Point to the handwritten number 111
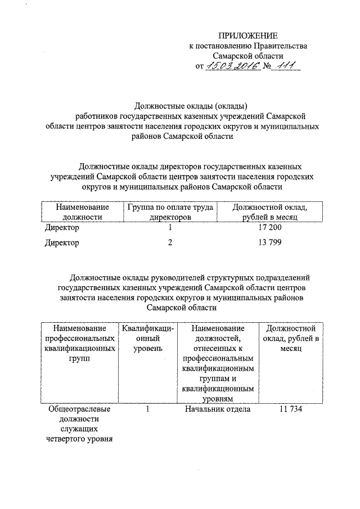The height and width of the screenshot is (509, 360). click(285, 66)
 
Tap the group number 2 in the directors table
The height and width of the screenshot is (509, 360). click(169, 243)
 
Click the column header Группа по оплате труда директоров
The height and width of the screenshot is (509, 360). click(170, 211)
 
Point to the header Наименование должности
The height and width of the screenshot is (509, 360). click(83, 211)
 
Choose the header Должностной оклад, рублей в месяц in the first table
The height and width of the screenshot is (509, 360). click(269, 211)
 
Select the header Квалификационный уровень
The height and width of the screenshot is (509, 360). click(147, 338)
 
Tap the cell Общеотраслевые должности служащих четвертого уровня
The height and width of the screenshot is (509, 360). click(79, 424)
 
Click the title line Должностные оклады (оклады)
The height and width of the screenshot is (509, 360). click(191, 105)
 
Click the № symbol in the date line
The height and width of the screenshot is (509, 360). click(267, 67)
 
